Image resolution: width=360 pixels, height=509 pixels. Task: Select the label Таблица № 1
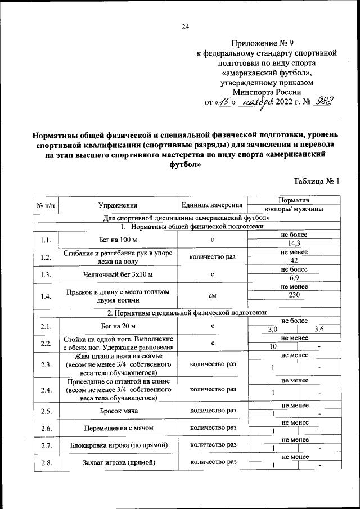tap(317, 181)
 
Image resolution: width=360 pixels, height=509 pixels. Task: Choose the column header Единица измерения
tap(212, 205)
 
